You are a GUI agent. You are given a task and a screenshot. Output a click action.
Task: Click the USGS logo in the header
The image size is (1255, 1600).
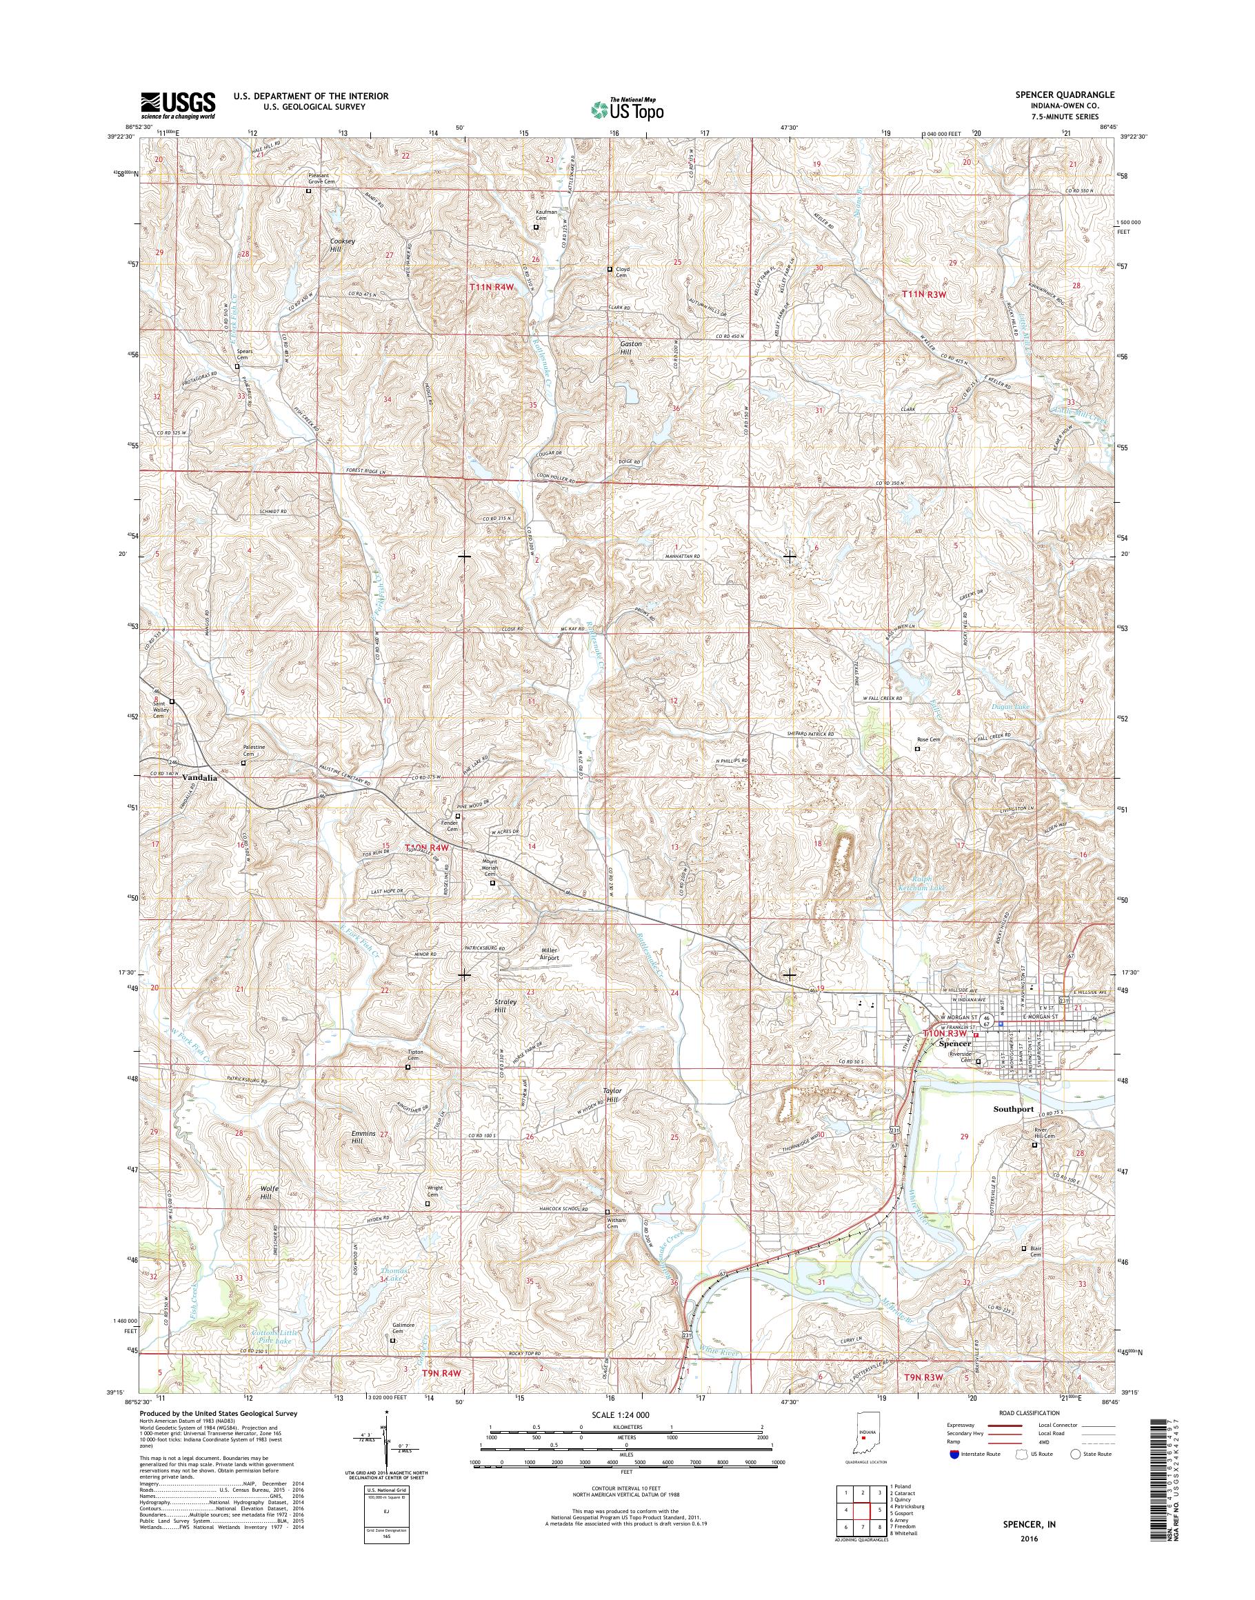pos(178,105)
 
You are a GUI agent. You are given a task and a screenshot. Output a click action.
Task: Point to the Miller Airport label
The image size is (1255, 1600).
pos(545,954)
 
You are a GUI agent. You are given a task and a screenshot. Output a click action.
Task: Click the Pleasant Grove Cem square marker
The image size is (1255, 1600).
pos(309,191)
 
